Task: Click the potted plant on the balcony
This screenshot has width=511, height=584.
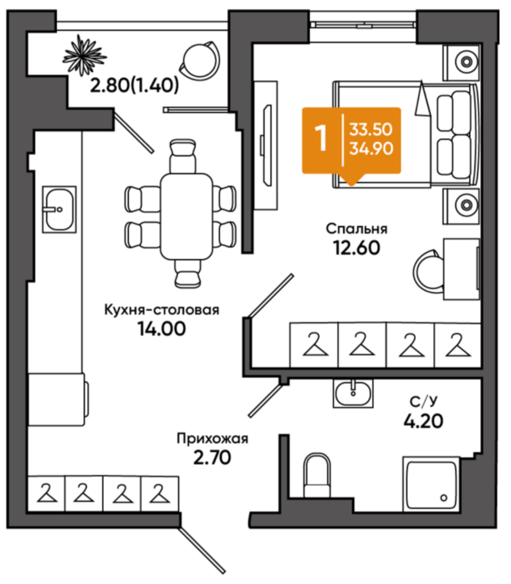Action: point(84,55)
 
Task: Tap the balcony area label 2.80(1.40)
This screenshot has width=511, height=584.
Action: point(135,86)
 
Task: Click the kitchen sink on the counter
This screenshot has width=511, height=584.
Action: point(59,210)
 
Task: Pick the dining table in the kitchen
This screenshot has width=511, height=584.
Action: point(187,216)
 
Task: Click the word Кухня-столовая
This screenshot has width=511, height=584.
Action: point(161,310)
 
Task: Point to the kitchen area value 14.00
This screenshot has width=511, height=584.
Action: point(161,329)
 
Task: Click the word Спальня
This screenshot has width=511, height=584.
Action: point(357,228)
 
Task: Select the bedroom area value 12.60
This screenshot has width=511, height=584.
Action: point(357,248)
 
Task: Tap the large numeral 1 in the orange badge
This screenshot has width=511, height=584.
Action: point(321,138)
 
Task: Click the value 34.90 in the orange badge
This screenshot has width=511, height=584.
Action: point(371,149)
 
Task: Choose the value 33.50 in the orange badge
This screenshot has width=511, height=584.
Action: point(371,129)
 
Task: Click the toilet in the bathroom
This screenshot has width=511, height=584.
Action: point(317,476)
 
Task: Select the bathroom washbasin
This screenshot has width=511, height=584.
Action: point(353,393)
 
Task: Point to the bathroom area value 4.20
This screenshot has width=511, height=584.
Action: point(423,421)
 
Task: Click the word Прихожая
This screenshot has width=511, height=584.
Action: point(212,438)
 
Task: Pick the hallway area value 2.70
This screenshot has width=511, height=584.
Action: point(212,458)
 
